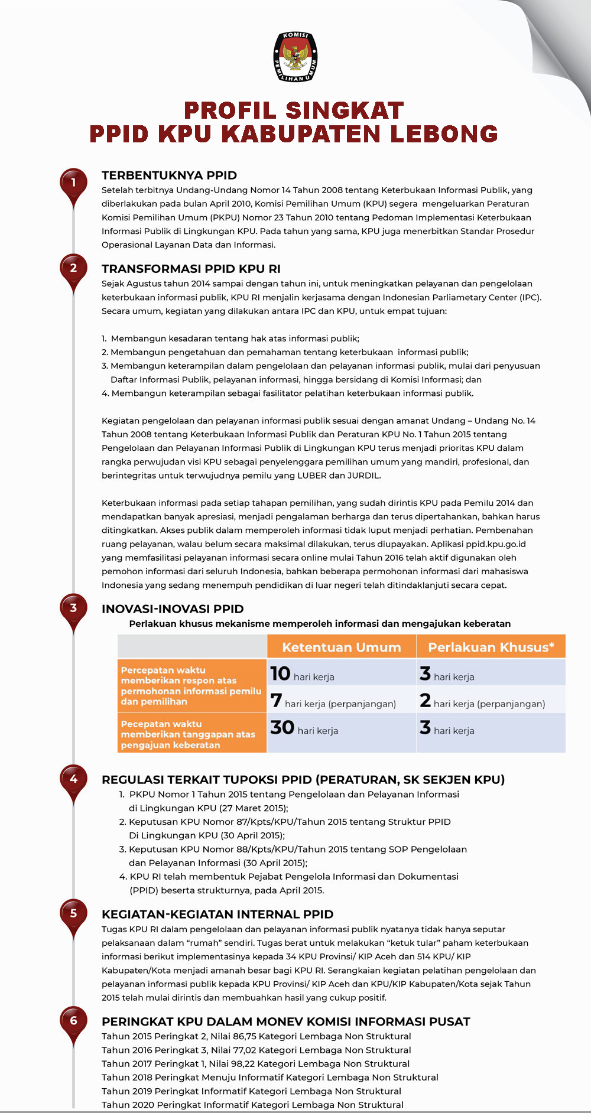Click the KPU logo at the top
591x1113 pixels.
[x=295, y=57]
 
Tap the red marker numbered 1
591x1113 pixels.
[x=74, y=183]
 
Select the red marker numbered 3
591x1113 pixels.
[x=74, y=608]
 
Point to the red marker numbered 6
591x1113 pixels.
[x=74, y=1020]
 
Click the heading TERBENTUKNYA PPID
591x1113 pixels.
[x=169, y=175]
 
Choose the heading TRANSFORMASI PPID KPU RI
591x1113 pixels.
[x=191, y=269]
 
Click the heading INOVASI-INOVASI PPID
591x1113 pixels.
[x=173, y=609]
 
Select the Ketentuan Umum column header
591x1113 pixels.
[x=341, y=647]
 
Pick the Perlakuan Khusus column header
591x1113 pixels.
[x=491, y=647]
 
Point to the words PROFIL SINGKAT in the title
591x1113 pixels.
[x=294, y=110]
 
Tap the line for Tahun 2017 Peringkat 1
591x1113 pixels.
[x=255, y=1064]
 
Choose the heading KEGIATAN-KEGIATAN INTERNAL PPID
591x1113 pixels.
[x=217, y=915]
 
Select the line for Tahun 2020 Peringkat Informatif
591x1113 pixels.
[x=252, y=1105]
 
